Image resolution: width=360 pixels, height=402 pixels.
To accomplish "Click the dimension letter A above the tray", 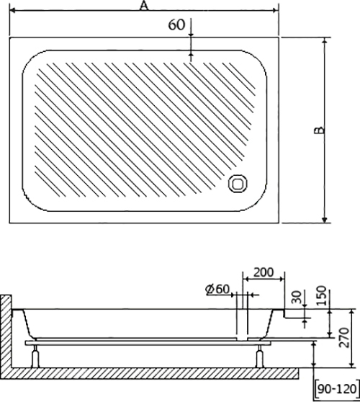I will coord(144,6).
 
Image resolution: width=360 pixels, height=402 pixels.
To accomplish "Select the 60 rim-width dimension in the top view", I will coord(176,24).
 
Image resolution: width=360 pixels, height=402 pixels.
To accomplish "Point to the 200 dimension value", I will coord(264,272).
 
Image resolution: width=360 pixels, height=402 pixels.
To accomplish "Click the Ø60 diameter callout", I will coord(217,289).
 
